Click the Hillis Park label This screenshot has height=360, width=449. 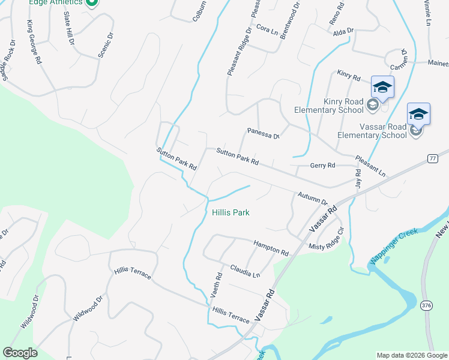[x=231, y=212]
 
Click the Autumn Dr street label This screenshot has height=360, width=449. [x=312, y=199]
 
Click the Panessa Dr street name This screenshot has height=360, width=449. [x=264, y=133]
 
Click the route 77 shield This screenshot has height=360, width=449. [x=432, y=158]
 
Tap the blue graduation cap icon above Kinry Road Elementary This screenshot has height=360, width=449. [x=382, y=88]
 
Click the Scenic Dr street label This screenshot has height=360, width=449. [x=105, y=44]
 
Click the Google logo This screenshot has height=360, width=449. [x=20, y=353]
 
